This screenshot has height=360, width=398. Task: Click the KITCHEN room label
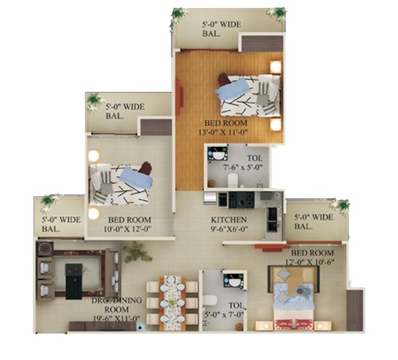[x=228, y=220]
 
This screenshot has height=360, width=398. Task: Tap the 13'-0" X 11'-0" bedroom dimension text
[x=223, y=132]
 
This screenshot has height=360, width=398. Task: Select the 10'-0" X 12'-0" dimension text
[x=127, y=229]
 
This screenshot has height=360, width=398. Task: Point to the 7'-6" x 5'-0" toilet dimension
[x=242, y=168]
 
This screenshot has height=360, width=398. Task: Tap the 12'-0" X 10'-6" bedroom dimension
[x=309, y=262]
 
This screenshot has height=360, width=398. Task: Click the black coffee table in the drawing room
[x=74, y=281]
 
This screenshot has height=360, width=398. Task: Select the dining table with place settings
[x=172, y=303]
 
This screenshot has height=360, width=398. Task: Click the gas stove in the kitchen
[x=242, y=200]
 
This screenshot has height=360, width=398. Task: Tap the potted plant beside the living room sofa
[x=136, y=252]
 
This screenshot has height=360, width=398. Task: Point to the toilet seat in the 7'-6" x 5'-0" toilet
[x=232, y=180]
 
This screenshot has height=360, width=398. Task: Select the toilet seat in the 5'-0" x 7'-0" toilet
[x=210, y=301]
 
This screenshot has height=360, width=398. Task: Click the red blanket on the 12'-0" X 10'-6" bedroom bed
[x=294, y=325]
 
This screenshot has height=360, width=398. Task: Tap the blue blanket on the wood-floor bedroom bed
[x=233, y=89]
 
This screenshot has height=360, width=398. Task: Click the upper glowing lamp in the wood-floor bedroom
[x=275, y=67]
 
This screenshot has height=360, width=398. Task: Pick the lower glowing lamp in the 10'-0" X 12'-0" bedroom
[x=94, y=214]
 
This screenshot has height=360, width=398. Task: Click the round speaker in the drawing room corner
[x=45, y=248]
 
